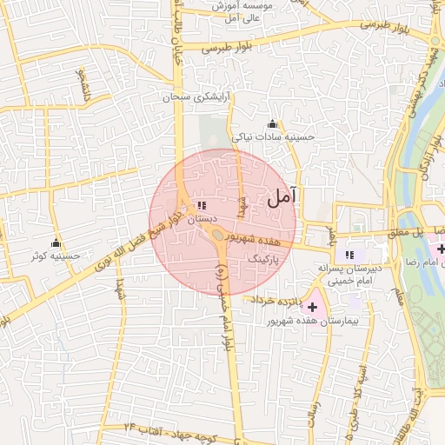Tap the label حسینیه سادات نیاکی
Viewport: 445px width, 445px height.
(x=269, y=136)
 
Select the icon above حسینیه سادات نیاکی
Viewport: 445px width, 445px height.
(x=273, y=123)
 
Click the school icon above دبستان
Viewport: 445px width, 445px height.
(x=202, y=205)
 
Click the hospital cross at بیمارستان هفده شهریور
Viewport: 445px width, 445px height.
(x=312, y=307)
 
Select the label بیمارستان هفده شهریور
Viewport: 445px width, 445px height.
(x=309, y=322)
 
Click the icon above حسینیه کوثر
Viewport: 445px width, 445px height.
(x=56, y=242)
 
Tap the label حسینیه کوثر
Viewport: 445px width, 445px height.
(x=55, y=256)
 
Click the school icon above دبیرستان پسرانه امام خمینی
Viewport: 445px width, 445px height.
(x=349, y=255)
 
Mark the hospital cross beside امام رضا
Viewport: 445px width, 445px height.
(x=440, y=249)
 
